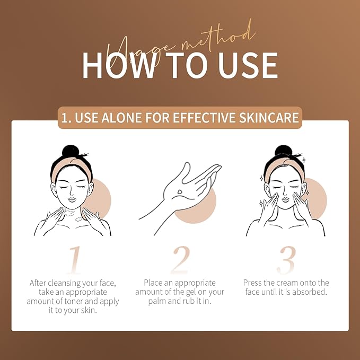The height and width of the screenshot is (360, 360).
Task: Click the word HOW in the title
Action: coord(118,65)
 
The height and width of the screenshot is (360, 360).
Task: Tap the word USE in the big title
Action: coord(248,65)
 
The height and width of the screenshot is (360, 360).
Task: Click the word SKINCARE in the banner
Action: coord(269,118)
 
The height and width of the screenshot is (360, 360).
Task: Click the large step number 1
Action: coord(74,260)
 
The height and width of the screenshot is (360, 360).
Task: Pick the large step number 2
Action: coord(180,260)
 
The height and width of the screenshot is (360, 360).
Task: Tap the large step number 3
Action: coord(286,260)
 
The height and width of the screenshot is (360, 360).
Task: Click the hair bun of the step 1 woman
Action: coord(71,151)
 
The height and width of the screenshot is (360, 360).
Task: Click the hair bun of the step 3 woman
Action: coord(283,151)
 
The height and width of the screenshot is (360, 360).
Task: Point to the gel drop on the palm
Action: coord(180,191)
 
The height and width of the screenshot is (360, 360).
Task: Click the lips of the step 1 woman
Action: coord(72,200)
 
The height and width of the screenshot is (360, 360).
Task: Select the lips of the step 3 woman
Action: coord(285,199)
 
